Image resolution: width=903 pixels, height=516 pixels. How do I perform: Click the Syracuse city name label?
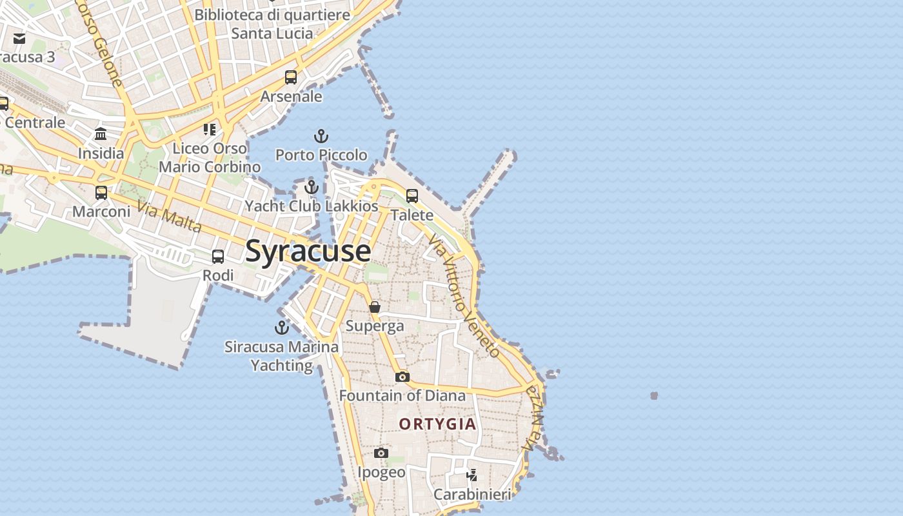point(308,251)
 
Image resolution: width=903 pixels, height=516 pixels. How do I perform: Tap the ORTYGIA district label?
point(438,424)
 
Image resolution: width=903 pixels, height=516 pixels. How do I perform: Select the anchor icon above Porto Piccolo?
point(321,136)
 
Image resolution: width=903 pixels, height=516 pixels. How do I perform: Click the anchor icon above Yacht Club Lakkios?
point(312,187)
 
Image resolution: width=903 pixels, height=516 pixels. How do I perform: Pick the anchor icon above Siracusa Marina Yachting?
point(281,328)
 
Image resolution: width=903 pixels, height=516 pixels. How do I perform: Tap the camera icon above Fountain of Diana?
point(402,377)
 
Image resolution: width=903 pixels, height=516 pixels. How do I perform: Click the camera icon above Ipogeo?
point(381,453)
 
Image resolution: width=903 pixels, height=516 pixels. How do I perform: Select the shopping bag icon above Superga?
point(375,307)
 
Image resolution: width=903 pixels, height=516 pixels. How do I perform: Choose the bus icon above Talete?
point(412,195)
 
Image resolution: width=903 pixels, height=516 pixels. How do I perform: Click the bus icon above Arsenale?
point(291,77)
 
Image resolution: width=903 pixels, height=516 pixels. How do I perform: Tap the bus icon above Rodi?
point(218,257)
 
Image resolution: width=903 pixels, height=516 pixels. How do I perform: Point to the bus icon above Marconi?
point(101,192)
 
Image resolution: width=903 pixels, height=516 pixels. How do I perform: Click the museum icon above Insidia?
point(101,134)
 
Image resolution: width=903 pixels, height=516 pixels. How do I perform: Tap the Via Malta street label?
point(170,217)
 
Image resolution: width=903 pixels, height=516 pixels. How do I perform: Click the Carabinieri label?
point(472,495)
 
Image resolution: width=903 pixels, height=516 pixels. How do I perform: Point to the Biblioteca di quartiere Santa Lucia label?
point(272,24)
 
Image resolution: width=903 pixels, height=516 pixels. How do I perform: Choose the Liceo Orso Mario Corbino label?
point(210,157)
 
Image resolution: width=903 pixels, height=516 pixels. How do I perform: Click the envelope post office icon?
point(19,39)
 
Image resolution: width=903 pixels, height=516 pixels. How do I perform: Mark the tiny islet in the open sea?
point(654,395)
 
